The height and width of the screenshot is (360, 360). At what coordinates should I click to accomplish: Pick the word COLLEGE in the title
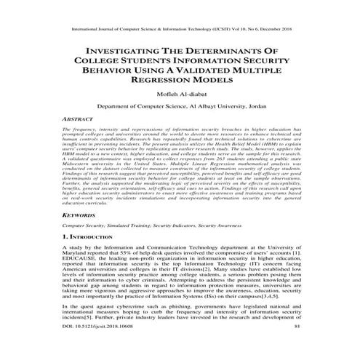point(100,63)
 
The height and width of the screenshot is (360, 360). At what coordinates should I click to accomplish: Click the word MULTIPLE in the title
point(268,74)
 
